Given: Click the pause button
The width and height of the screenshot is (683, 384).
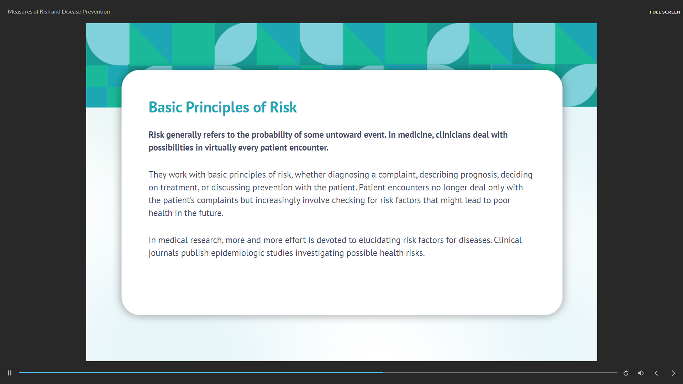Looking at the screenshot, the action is [10, 373].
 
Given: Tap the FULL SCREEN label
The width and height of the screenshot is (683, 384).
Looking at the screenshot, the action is [665, 12].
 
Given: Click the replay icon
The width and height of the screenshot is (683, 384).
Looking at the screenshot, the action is [626, 373].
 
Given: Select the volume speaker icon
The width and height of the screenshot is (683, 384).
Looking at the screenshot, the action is [641, 373].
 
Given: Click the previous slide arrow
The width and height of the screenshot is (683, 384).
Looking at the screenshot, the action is [656, 373].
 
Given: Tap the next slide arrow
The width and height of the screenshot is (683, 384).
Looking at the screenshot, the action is [673, 373].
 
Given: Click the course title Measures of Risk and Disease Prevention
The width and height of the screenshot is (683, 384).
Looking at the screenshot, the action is [59, 12].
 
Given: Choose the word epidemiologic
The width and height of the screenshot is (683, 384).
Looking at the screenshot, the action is [238, 253].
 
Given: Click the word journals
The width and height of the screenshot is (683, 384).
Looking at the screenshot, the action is [164, 253].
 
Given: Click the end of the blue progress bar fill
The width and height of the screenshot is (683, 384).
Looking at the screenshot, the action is [383, 373].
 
